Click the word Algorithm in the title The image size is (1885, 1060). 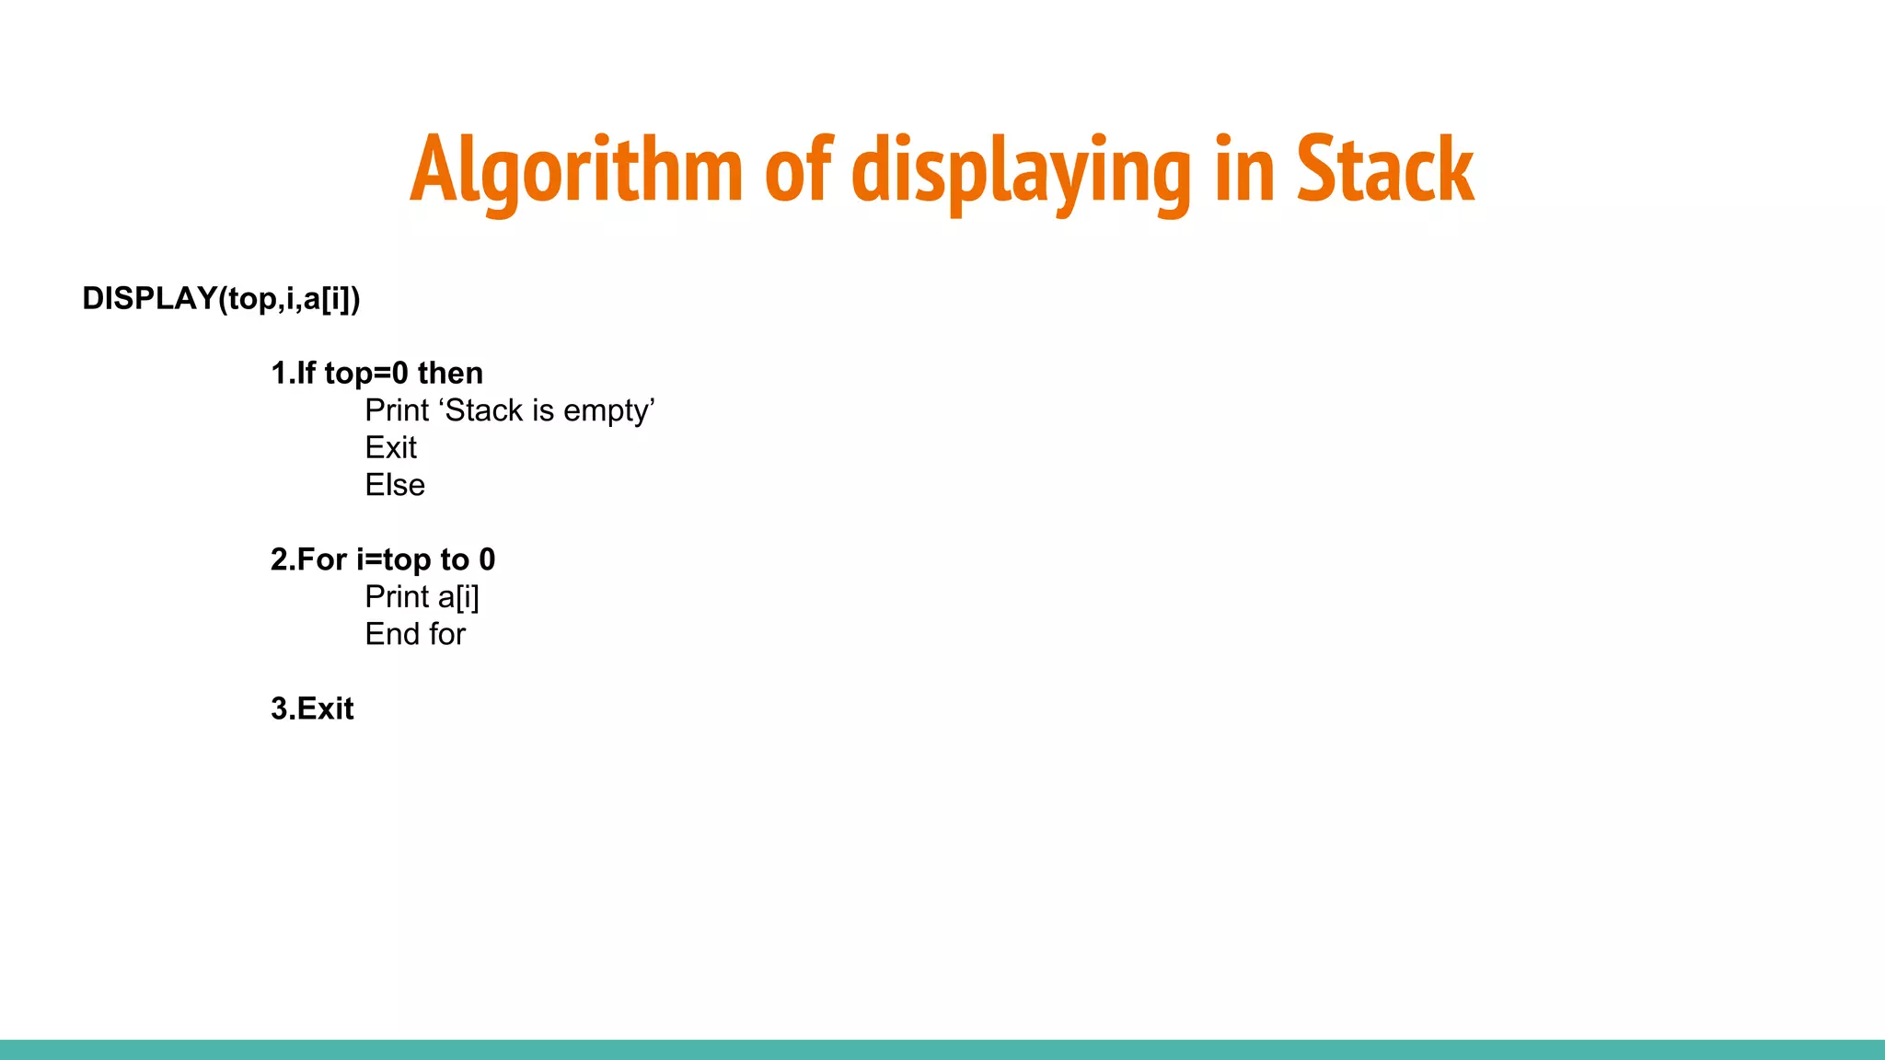(x=576, y=170)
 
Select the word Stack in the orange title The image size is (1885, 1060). (x=1385, y=169)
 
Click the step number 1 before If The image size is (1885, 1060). (x=278, y=373)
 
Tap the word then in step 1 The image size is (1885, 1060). (x=450, y=373)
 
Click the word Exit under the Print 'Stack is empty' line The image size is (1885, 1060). (x=390, y=447)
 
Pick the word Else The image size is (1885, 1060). (x=395, y=485)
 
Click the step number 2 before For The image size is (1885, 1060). (x=279, y=559)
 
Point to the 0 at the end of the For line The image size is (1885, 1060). (x=487, y=559)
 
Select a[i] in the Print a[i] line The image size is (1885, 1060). (x=458, y=597)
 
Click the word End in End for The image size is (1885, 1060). (x=392, y=634)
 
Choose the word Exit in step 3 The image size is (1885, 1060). (x=325, y=709)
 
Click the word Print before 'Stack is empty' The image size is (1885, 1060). (x=397, y=410)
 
